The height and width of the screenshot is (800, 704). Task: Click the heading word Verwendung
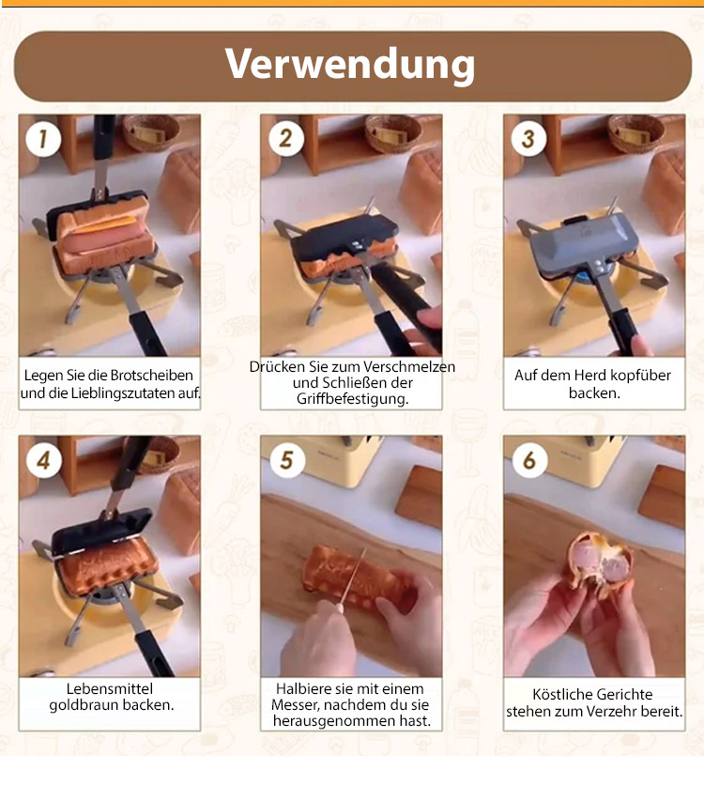coord(350,65)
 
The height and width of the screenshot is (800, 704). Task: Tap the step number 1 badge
coord(43,139)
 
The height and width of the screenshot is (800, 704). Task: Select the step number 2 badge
coord(285,138)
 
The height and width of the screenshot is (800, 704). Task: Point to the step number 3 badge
coord(528,139)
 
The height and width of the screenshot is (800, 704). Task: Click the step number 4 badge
coord(43,460)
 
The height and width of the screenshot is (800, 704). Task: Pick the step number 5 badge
coord(286,460)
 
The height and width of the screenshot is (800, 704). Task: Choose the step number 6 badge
coord(529,460)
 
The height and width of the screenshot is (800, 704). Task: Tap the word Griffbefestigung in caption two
coord(353,399)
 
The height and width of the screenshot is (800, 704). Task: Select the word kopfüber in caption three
coord(641,376)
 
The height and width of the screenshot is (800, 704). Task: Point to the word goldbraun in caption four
coord(84,705)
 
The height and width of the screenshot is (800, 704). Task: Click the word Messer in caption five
coord(296,705)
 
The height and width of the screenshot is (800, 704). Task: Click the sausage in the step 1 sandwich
coord(102,238)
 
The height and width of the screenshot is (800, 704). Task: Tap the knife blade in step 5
coord(353,576)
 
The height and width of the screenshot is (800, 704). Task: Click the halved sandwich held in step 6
coord(598,563)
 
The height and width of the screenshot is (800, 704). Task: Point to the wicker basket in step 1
coord(151,132)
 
